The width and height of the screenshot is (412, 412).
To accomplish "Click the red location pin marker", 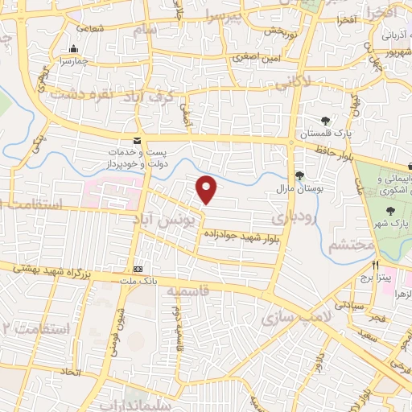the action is pos(207,188).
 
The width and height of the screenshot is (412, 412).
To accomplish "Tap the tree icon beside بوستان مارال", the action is pos(299,175).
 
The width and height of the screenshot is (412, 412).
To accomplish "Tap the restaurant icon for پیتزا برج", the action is pos(375,265).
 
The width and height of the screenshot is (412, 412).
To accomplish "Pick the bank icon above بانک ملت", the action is pos(138,268).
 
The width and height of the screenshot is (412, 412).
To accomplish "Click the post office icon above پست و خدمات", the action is pos(138,139).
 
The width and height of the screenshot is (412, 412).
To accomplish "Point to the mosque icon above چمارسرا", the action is pos(74,49).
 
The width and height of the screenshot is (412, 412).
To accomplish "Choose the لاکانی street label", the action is pos(293,82).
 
